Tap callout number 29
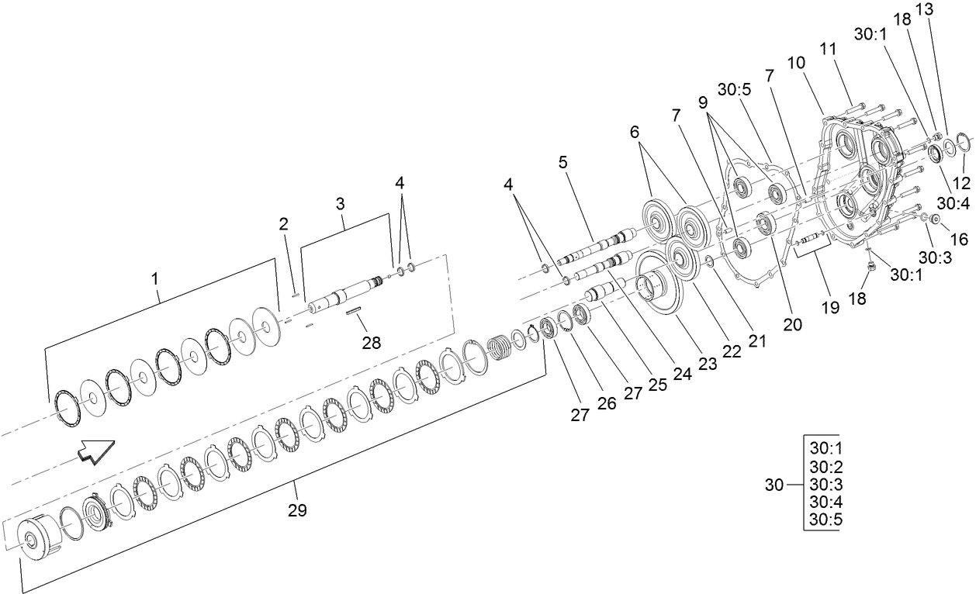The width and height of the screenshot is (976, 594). (x=296, y=511)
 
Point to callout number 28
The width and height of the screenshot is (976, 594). (x=372, y=342)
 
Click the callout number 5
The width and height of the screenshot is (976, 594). (x=562, y=163)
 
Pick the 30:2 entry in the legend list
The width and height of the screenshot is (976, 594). (x=825, y=468)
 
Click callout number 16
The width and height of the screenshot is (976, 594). (x=959, y=240)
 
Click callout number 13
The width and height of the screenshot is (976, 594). (x=947, y=9)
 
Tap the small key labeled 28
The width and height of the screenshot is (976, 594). (x=355, y=311)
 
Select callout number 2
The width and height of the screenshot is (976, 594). (x=284, y=224)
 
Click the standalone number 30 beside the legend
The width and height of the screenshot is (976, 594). (x=774, y=485)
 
